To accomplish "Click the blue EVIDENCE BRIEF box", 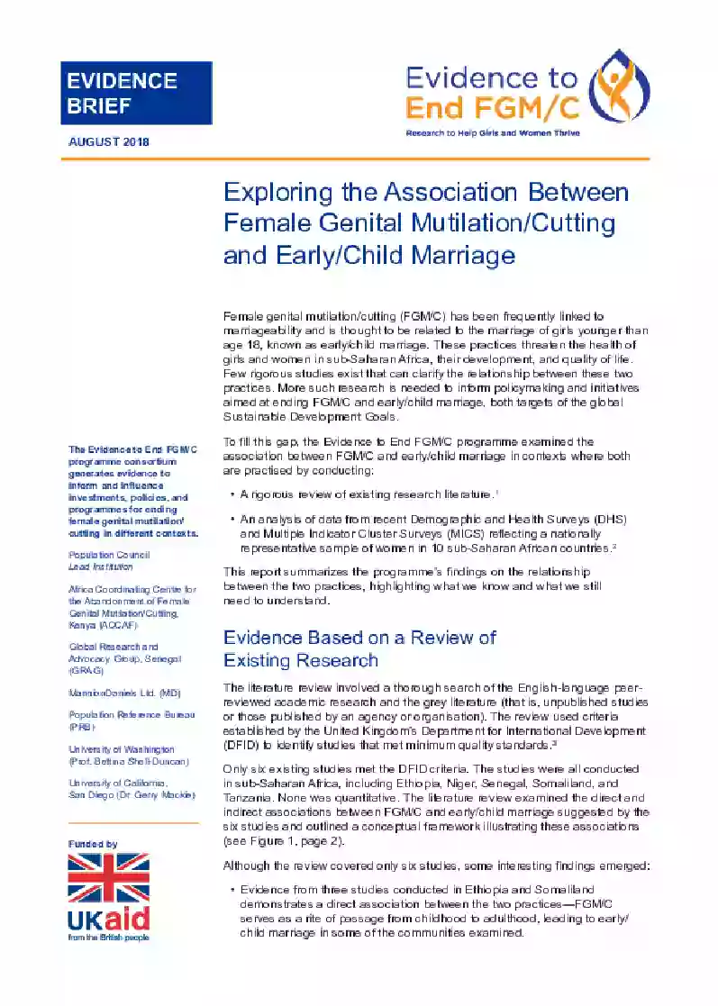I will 136,93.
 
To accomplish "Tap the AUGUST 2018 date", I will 109,141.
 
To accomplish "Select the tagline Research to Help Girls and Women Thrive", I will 493,132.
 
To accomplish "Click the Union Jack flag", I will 109,879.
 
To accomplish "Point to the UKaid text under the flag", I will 108,920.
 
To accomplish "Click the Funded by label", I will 93,843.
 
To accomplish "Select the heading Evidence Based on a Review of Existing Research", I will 359,648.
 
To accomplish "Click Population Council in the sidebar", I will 109,555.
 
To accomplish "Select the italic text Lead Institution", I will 101,566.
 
